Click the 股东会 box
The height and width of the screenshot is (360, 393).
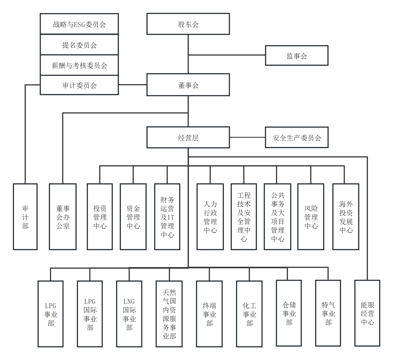[x=188, y=24]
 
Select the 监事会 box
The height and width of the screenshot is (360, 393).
[x=297, y=55]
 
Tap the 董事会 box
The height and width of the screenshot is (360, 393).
[x=188, y=85]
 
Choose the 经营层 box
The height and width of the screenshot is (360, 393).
[x=188, y=137]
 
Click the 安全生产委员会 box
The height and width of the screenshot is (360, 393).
[x=297, y=137]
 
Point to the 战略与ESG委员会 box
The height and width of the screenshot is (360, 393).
[x=79, y=24]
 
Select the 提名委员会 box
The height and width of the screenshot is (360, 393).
[x=79, y=45]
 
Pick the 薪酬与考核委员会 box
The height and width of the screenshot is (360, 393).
[x=79, y=65]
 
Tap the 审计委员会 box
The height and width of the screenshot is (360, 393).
[x=79, y=85]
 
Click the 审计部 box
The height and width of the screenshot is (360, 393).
[x=25, y=217]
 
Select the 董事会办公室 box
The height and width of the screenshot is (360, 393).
[x=63, y=217]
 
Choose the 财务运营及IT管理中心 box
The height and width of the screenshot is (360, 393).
[x=167, y=217]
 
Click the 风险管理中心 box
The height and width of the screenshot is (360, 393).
[x=311, y=217]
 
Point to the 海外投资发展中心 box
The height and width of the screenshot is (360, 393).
[x=346, y=217]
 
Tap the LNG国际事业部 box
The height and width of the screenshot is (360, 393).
[x=129, y=314]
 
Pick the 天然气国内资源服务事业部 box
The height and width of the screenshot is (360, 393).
[x=169, y=314]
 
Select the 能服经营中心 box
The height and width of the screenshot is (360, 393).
[x=367, y=313]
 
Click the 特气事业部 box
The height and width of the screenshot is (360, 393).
[x=328, y=313]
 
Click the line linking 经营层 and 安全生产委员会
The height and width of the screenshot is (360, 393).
[x=247, y=137]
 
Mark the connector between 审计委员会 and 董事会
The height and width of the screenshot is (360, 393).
[x=132, y=85]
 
